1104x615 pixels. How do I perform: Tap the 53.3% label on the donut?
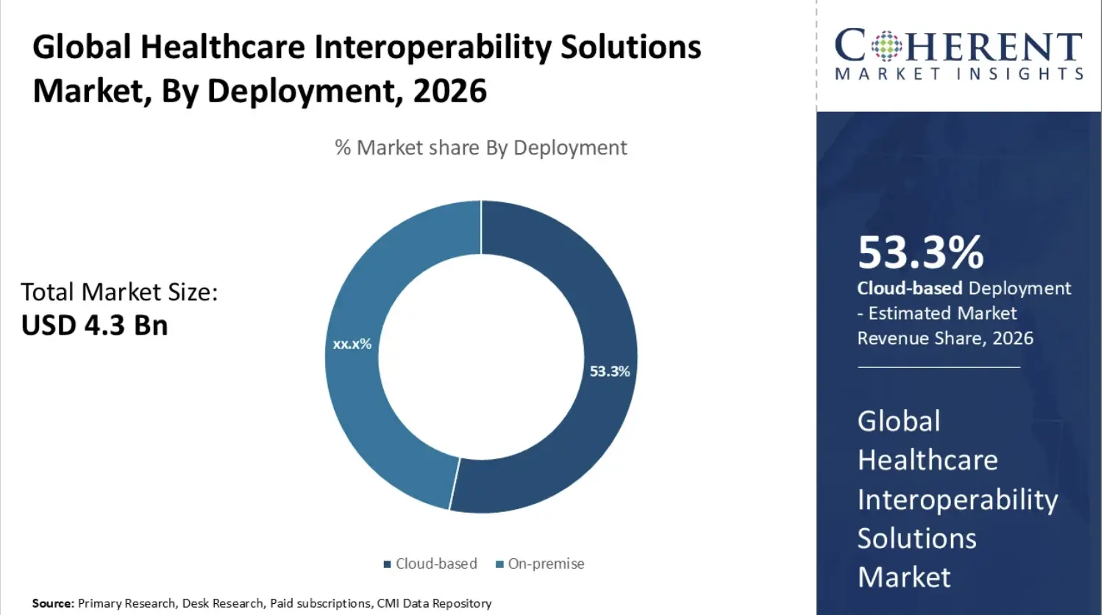click(610, 372)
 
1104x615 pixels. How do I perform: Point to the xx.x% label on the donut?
click(352, 344)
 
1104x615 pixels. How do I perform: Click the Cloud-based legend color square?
click(387, 564)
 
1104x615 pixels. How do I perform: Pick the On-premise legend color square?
click(499, 564)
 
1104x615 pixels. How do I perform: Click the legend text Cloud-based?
click(436, 564)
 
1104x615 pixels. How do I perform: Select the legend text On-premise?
click(546, 564)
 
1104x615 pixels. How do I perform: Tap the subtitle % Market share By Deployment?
click(480, 148)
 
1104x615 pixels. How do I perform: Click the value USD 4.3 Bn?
click(94, 325)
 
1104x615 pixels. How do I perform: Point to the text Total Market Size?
click(119, 292)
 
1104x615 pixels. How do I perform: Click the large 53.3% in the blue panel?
click(920, 252)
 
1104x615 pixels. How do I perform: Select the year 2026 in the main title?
click(449, 91)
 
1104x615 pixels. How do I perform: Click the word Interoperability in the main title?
click(433, 47)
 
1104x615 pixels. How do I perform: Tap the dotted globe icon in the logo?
click(886, 46)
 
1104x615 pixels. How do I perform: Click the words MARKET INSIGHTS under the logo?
click(959, 74)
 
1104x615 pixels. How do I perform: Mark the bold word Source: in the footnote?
click(53, 603)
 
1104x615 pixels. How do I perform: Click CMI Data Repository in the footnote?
click(434, 603)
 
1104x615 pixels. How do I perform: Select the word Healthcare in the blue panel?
click(927, 461)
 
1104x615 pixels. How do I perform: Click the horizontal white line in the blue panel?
click(939, 366)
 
